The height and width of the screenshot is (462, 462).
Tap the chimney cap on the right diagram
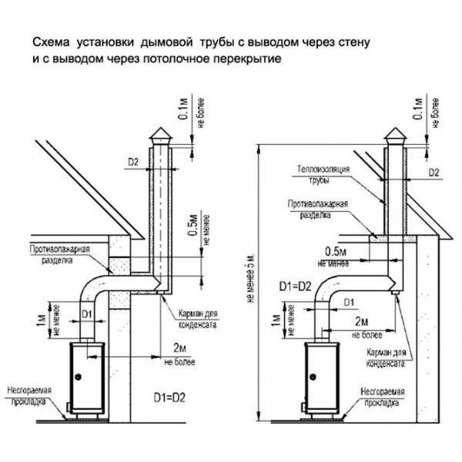coord(395,136)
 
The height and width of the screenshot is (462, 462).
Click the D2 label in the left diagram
coord(132,162)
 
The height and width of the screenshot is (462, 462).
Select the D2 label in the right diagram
coord(433,171)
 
